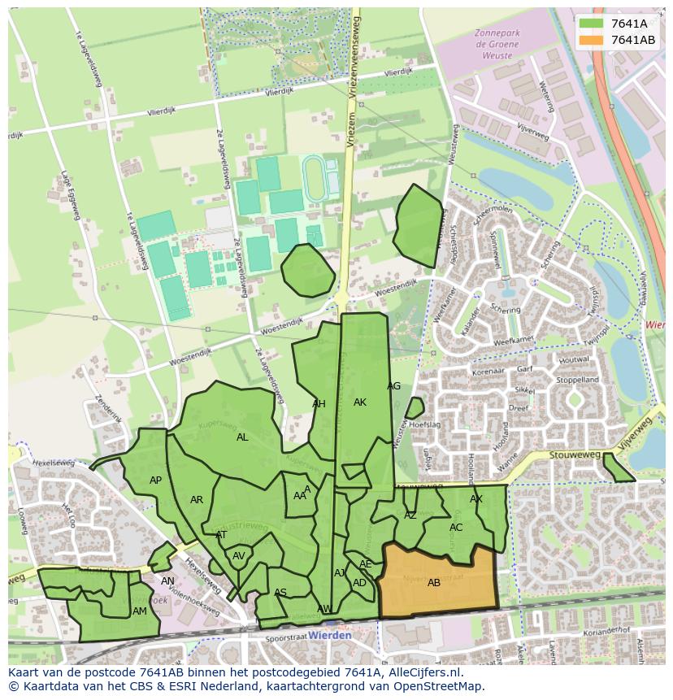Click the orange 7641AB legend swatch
point(592,40)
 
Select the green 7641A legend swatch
point(592,24)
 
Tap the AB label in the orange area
point(434,583)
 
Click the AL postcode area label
point(242,437)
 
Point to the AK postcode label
point(360,402)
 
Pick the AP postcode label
point(155,480)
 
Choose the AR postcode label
point(197,500)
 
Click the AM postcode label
point(140,611)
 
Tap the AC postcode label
point(456,528)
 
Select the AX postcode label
point(476,499)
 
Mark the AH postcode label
point(319,404)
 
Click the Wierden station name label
point(330,635)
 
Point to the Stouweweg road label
point(574,457)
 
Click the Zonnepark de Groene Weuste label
point(495,46)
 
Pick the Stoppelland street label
point(576,380)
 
